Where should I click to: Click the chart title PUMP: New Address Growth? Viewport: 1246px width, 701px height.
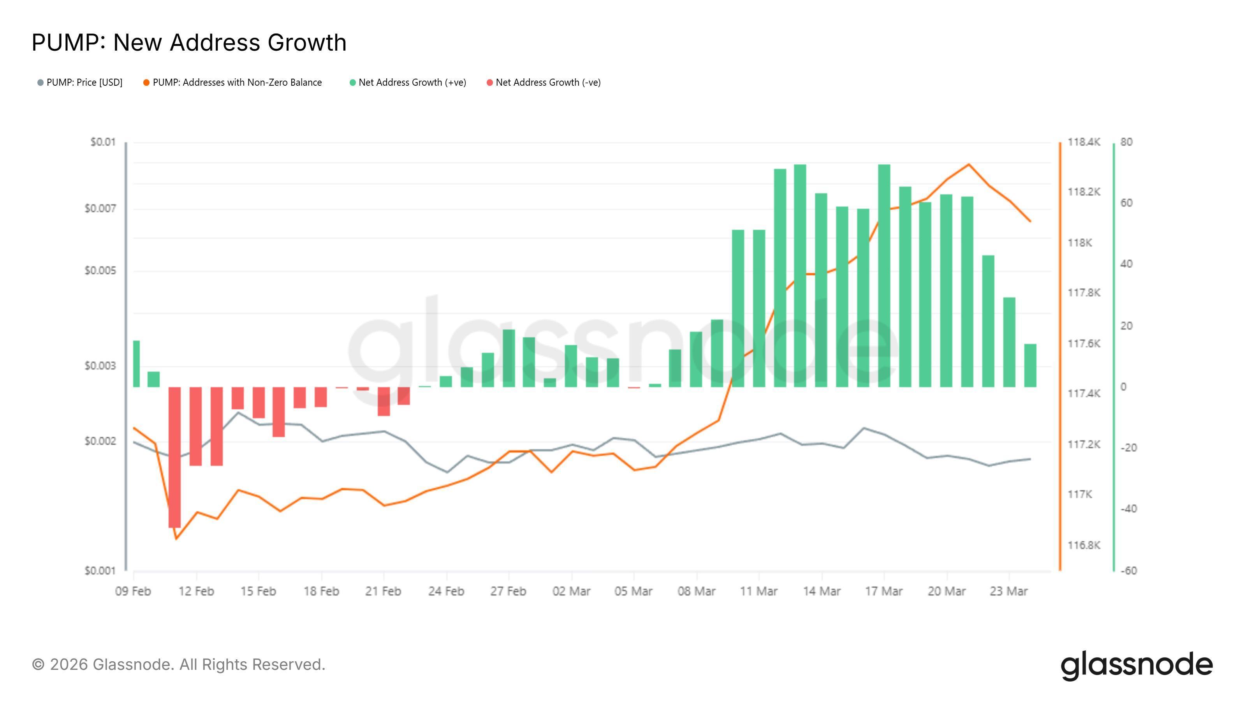point(188,42)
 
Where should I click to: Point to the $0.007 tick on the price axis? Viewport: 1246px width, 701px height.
point(100,208)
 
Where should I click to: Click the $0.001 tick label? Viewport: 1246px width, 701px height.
point(100,571)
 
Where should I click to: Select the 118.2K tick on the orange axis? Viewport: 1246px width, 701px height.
point(1084,192)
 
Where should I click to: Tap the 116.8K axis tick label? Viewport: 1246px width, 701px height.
point(1084,545)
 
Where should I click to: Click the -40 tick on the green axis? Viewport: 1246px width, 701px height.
point(1128,509)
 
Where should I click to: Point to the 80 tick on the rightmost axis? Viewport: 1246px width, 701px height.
point(1126,142)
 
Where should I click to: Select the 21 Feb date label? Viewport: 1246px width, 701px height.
point(383,591)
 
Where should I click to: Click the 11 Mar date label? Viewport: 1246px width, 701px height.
point(759,591)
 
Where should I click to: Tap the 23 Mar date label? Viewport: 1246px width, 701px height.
point(1008,591)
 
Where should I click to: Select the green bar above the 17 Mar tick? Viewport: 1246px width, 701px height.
point(884,276)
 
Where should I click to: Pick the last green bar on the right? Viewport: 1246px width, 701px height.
point(1030,365)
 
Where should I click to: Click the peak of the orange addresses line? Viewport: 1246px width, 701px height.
point(968,164)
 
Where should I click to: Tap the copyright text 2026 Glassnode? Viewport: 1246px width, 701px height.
point(178,664)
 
